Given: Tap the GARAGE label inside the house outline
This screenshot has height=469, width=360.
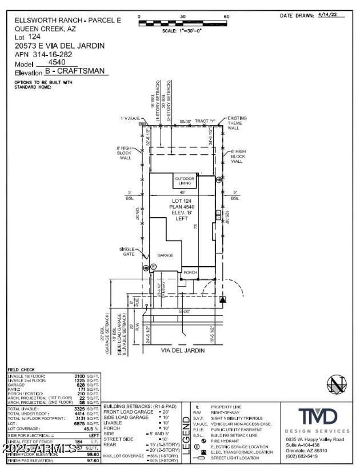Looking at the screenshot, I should [x=165, y=255].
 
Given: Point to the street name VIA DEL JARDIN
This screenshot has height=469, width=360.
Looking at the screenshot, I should [x=183, y=350].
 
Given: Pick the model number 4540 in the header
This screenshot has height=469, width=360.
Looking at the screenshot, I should [x=57, y=63].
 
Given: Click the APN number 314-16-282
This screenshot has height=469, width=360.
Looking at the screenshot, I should [x=59, y=54].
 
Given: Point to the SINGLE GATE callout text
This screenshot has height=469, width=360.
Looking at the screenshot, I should [x=127, y=251].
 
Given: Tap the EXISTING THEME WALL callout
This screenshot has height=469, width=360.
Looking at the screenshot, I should [x=237, y=123].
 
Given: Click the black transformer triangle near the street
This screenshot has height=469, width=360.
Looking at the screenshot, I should [x=223, y=299].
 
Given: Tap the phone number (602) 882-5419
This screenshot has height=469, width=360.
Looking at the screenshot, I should [x=301, y=456].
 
